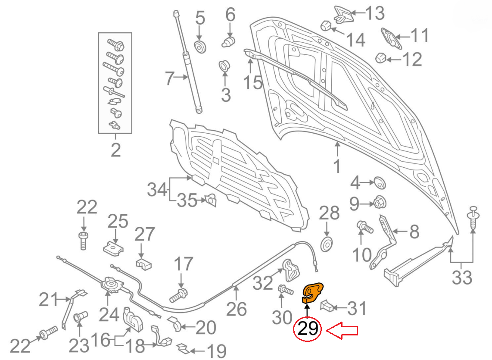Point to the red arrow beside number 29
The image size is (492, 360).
click(343, 330)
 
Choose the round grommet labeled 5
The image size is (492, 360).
click(199, 47)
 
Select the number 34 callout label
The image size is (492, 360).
click(157, 189)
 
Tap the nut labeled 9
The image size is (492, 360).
click(379, 202)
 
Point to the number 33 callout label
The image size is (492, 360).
click(461, 278)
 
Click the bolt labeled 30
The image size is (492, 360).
click(285, 289)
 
